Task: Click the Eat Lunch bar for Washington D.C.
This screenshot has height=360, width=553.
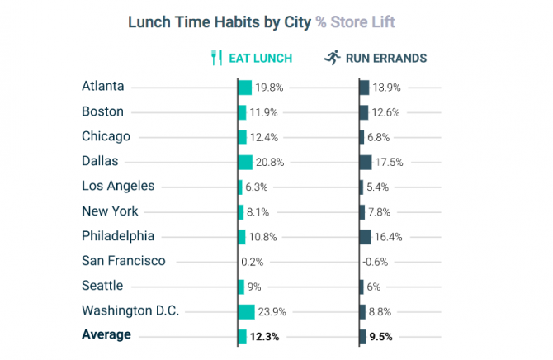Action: (x=246, y=311)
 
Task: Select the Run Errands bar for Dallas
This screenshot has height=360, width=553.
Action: (x=366, y=162)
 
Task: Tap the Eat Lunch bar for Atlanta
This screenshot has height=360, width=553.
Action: (x=244, y=87)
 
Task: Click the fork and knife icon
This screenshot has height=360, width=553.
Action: (x=217, y=58)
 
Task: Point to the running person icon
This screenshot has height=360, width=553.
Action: (x=332, y=58)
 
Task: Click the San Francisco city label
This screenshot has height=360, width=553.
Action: (x=124, y=261)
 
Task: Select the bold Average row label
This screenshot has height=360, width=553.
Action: (x=106, y=335)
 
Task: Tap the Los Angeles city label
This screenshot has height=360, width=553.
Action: (x=118, y=187)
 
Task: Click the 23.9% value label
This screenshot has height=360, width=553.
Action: (x=272, y=311)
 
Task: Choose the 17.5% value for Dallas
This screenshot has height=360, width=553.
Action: (x=390, y=162)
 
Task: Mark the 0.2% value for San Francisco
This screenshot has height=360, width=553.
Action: (x=253, y=262)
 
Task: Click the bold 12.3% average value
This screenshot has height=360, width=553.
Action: (x=266, y=336)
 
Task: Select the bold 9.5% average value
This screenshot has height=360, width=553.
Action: (x=379, y=336)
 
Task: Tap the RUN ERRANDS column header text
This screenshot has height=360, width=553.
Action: (x=386, y=58)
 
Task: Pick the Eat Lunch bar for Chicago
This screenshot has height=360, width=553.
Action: (x=242, y=137)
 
